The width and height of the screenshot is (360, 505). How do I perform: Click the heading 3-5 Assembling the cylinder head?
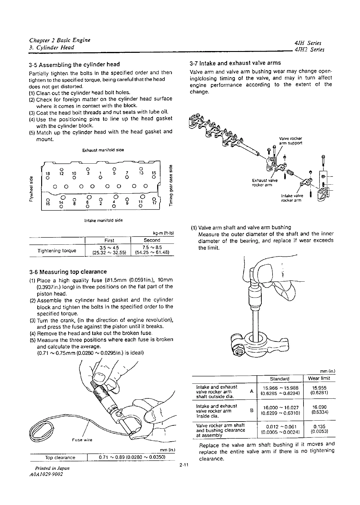click(x=74, y=65)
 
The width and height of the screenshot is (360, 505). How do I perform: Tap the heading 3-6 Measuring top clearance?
click(x=68, y=272)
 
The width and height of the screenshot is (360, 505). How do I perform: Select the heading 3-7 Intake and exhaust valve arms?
click(x=235, y=63)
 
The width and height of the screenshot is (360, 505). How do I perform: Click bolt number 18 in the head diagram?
click(x=47, y=173)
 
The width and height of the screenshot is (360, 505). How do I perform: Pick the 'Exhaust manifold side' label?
click(x=103, y=150)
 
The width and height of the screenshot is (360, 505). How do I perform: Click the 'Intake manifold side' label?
click(x=103, y=220)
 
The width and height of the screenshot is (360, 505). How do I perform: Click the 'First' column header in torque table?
click(x=109, y=240)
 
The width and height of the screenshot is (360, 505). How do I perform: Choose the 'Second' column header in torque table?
click(x=152, y=240)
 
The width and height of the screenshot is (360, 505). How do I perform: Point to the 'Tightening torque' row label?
click(x=57, y=250)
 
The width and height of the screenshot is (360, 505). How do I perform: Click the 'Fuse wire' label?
click(x=82, y=440)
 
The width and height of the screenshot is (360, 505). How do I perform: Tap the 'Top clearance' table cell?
click(x=60, y=458)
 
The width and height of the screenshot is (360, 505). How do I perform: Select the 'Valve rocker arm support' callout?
click(x=290, y=141)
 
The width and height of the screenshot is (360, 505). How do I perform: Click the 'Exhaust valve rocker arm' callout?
click(x=264, y=183)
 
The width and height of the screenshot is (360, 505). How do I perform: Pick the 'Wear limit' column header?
click(x=319, y=378)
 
